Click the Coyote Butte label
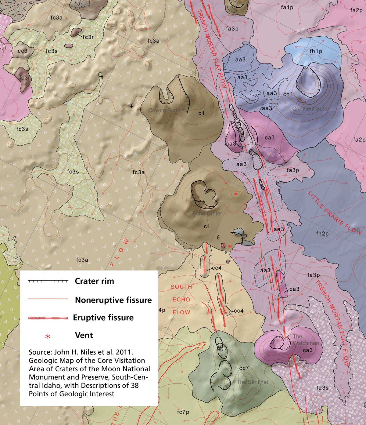164,111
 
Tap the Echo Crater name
207,213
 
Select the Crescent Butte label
310,109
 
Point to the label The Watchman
306,340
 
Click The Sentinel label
252,382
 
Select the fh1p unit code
316,51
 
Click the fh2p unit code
322,234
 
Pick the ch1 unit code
288,94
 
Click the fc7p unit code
183,412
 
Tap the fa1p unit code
287,8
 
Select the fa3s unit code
322,388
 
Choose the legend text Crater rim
94,281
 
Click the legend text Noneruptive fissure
113,300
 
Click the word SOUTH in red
181,287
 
